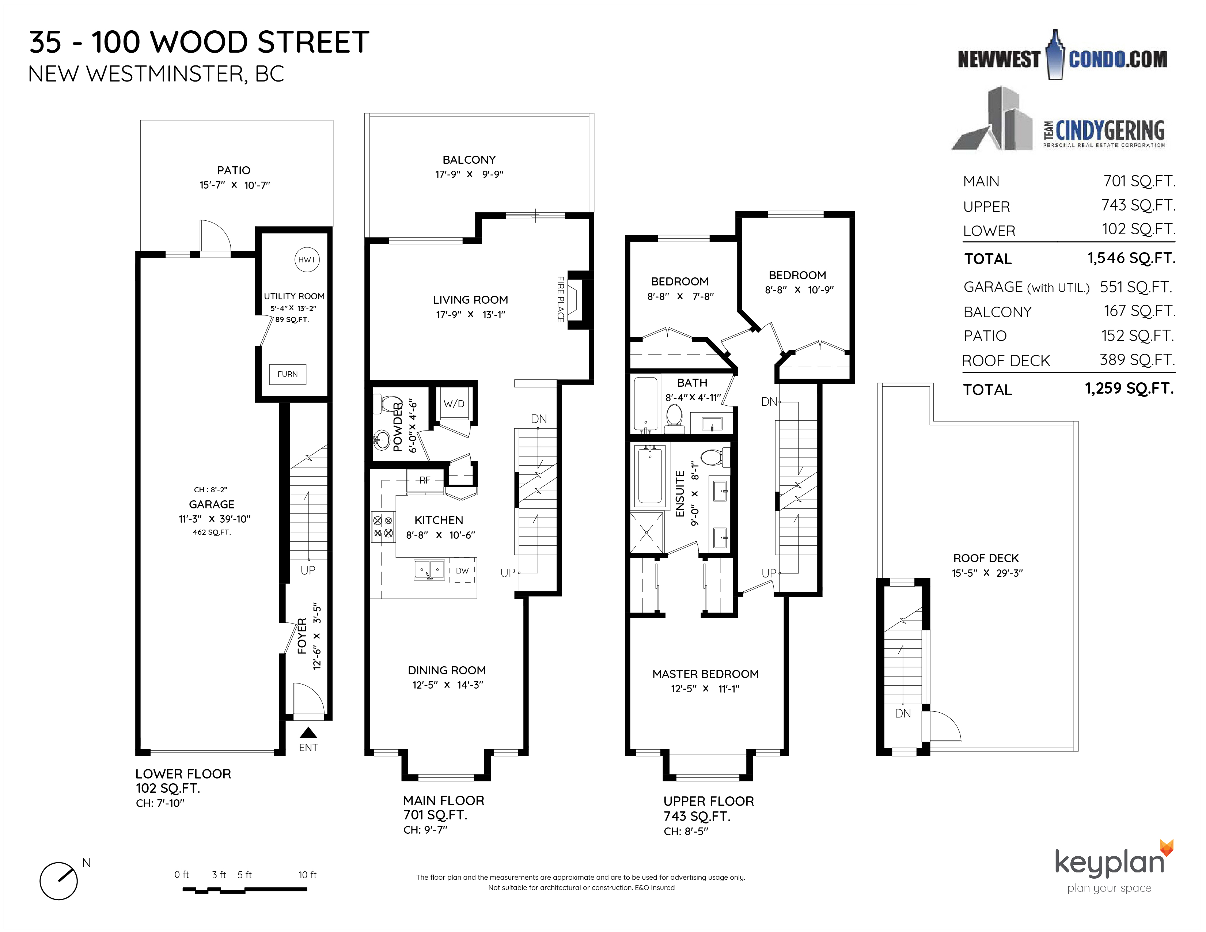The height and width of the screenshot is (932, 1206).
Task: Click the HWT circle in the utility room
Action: tap(307, 259)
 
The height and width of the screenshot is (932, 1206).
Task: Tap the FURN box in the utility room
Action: tap(287, 374)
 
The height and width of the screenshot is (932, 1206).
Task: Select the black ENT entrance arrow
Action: tap(308, 733)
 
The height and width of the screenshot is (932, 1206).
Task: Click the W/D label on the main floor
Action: tap(454, 404)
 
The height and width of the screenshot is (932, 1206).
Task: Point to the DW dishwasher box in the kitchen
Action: tap(462, 571)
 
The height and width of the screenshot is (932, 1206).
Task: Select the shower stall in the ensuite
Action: tap(646, 532)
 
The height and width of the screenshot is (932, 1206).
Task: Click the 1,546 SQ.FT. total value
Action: tap(1131, 258)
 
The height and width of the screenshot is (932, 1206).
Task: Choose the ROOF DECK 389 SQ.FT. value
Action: tap(1137, 359)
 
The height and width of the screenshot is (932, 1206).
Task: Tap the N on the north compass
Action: tap(86, 863)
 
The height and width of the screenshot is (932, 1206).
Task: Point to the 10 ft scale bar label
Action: tap(308, 875)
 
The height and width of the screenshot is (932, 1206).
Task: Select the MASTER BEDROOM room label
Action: tap(705, 674)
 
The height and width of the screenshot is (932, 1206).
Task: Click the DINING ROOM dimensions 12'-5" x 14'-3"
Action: tap(447, 685)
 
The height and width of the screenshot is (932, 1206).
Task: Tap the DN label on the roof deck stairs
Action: tap(903, 713)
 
